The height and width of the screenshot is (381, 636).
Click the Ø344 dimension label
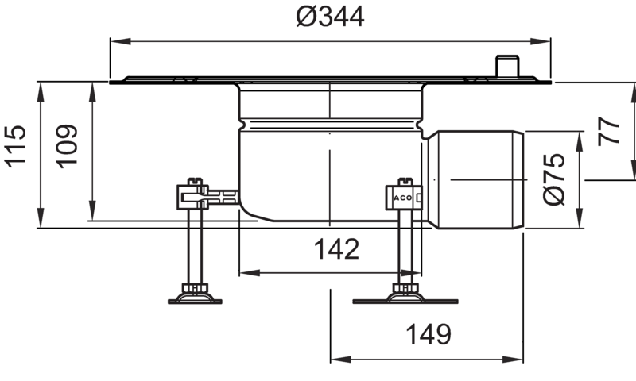pyautogui.click(x=330, y=17)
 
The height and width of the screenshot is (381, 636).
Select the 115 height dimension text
pyautogui.click(x=15, y=146)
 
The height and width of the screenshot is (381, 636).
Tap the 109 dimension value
pyautogui.click(x=67, y=146)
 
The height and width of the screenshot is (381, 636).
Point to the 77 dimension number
pyautogui.click(x=609, y=131)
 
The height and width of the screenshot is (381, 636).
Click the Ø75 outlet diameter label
pyautogui.click(x=553, y=179)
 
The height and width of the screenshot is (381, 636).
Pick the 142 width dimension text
pyautogui.click(x=336, y=249)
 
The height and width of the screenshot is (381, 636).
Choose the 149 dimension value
pyautogui.click(x=429, y=334)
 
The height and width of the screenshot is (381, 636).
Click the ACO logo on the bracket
pyautogui.click(x=403, y=198)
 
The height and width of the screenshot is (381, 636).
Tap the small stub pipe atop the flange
pyautogui.click(x=507, y=66)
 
